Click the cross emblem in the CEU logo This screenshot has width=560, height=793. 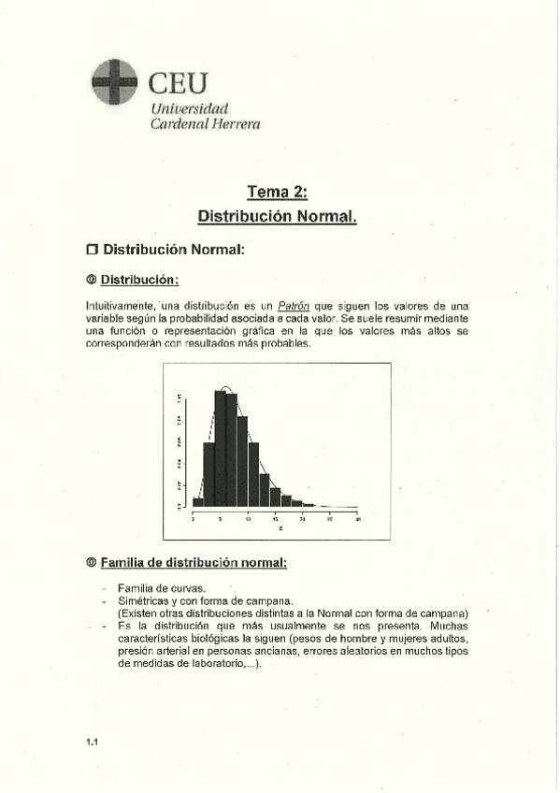pos(114,81)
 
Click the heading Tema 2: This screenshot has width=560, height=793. pos(278,193)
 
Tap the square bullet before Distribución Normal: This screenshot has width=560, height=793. pos(92,250)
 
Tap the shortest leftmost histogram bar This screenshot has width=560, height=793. pos(197,501)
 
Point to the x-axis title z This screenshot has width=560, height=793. pos(278,528)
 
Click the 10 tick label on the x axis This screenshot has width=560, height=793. pos(248,517)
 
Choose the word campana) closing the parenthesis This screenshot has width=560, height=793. pos(439,613)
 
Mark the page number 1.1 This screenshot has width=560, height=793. pos(93,742)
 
